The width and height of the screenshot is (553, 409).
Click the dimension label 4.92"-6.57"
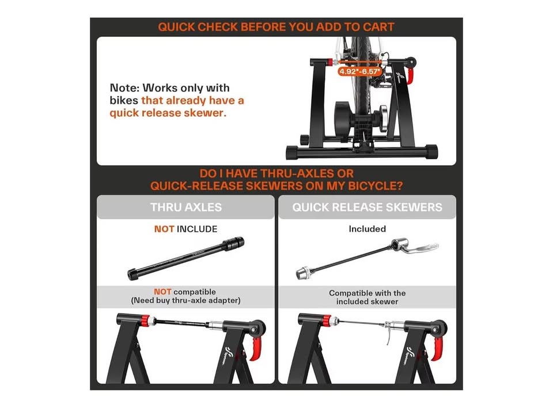(x=359, y=71)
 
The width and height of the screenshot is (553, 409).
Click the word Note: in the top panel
(x=124, y=87)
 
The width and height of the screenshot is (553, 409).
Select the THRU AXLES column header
(x=186, y=207)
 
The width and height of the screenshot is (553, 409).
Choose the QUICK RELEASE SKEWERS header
(x=367, y=207)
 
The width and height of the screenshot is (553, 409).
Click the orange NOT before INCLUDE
(x=164, y=229)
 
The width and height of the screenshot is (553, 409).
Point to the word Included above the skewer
(x=367, y=229)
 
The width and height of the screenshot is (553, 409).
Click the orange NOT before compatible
(x=162, y=292)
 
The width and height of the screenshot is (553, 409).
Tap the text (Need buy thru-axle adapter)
(x=186, y=300)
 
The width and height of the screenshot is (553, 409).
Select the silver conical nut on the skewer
(x=302, y=273)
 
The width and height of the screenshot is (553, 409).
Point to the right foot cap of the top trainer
(x=431, y=152)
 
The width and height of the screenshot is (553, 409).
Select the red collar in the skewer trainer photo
(x=327, y=320)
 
